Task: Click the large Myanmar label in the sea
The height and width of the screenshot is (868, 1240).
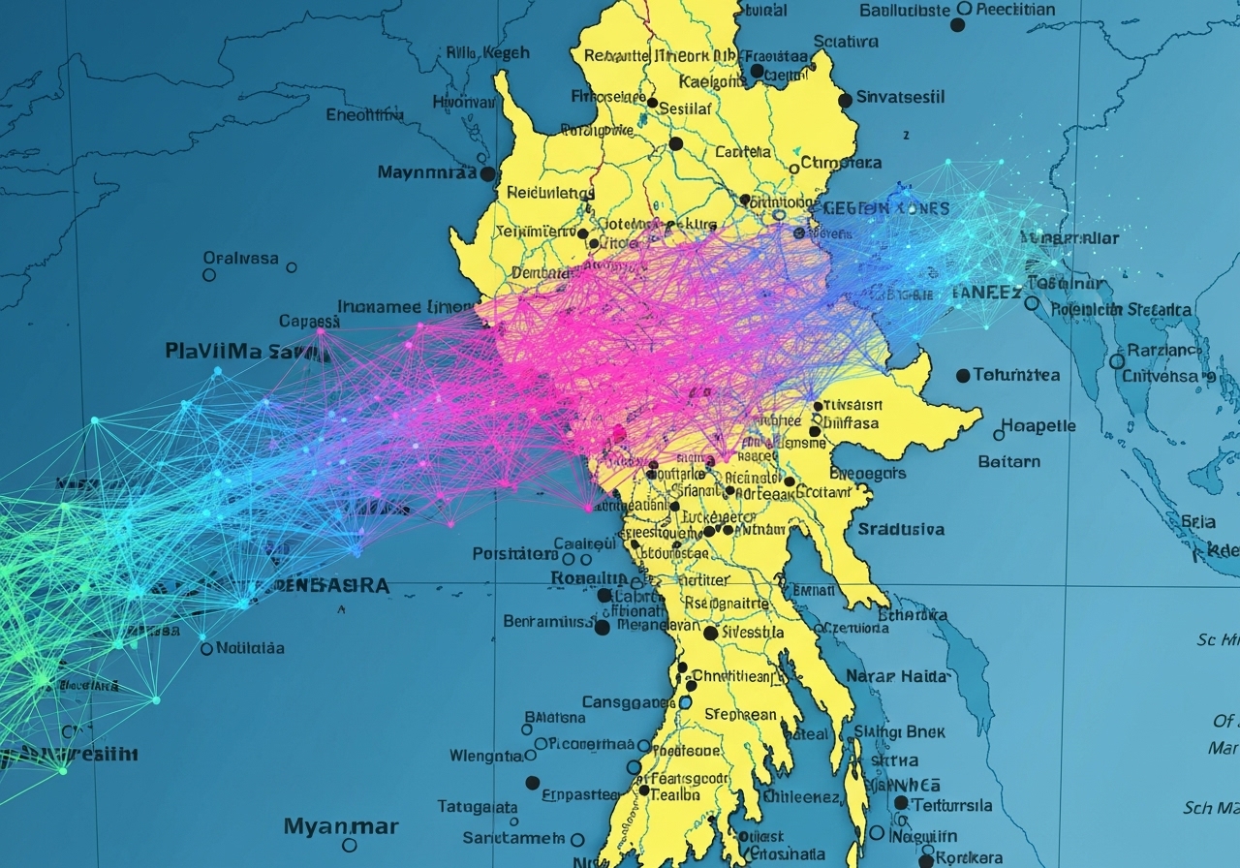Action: point(341,826)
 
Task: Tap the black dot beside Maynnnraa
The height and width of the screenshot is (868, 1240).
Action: point(488,174)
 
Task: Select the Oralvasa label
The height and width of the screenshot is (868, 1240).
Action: point(240,259)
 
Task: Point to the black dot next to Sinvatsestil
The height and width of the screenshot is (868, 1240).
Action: point(846,100)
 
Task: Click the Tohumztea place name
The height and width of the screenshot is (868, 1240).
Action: point(1016,375)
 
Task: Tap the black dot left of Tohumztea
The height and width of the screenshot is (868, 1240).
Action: point(963,375)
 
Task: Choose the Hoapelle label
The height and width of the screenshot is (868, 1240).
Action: point(1038,426)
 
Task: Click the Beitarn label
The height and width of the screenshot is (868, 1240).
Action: point(1008,462)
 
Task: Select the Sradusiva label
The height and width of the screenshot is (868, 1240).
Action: point(901,529)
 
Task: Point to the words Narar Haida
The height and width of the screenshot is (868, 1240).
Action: point(897,676)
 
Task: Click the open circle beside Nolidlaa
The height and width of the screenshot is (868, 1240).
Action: point(206,648)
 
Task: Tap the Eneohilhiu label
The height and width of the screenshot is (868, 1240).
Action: point(365,115)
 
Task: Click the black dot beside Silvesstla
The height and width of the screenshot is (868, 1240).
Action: point(710,633)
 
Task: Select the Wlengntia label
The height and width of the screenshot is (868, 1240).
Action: point(486,756)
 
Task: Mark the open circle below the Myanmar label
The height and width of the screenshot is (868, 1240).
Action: point(350,845)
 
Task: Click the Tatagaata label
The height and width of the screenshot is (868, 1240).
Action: point(478,806)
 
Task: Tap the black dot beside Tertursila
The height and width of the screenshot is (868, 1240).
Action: point(901,803)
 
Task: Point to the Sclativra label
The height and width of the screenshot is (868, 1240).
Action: point(846,42)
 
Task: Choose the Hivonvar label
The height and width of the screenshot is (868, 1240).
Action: point(463,102)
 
